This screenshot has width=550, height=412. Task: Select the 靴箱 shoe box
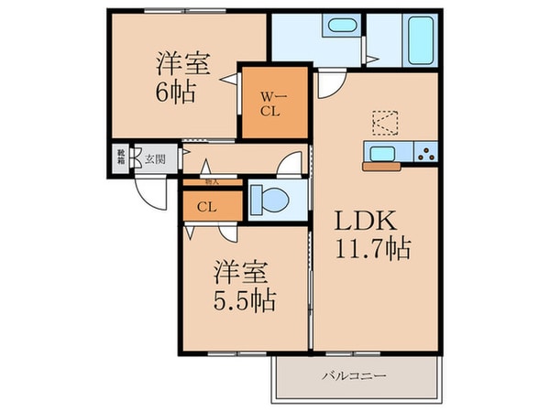pyautogui.click(x=121, y=158)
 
